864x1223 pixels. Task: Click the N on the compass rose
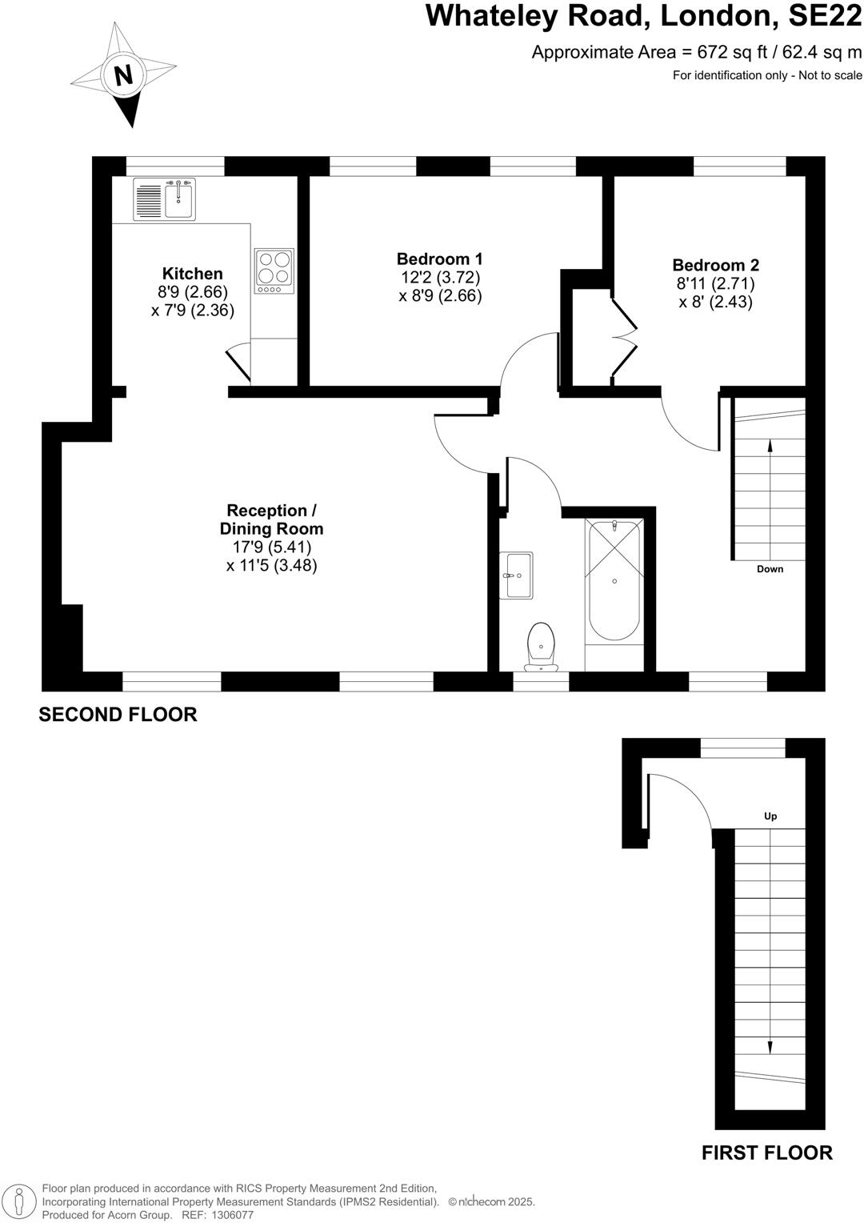tap(123, 75)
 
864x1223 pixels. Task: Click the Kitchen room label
tap(192, 274)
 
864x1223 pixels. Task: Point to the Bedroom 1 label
tap(439, 259)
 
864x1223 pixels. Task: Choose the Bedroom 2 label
tap(715, 265)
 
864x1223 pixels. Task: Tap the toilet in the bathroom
tap(542, 645)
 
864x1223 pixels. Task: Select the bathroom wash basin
tap(516, 575)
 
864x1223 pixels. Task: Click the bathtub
tap(614, 580)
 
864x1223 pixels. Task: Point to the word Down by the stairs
tap(770, 569)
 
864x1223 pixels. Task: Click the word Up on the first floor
tap(770, 816)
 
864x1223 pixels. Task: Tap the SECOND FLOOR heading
tap(118, 715)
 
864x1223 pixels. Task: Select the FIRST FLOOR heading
tap(766, 1153)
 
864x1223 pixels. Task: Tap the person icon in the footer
tap(23, 1201)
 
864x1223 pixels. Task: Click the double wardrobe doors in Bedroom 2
tap(624, 336)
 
